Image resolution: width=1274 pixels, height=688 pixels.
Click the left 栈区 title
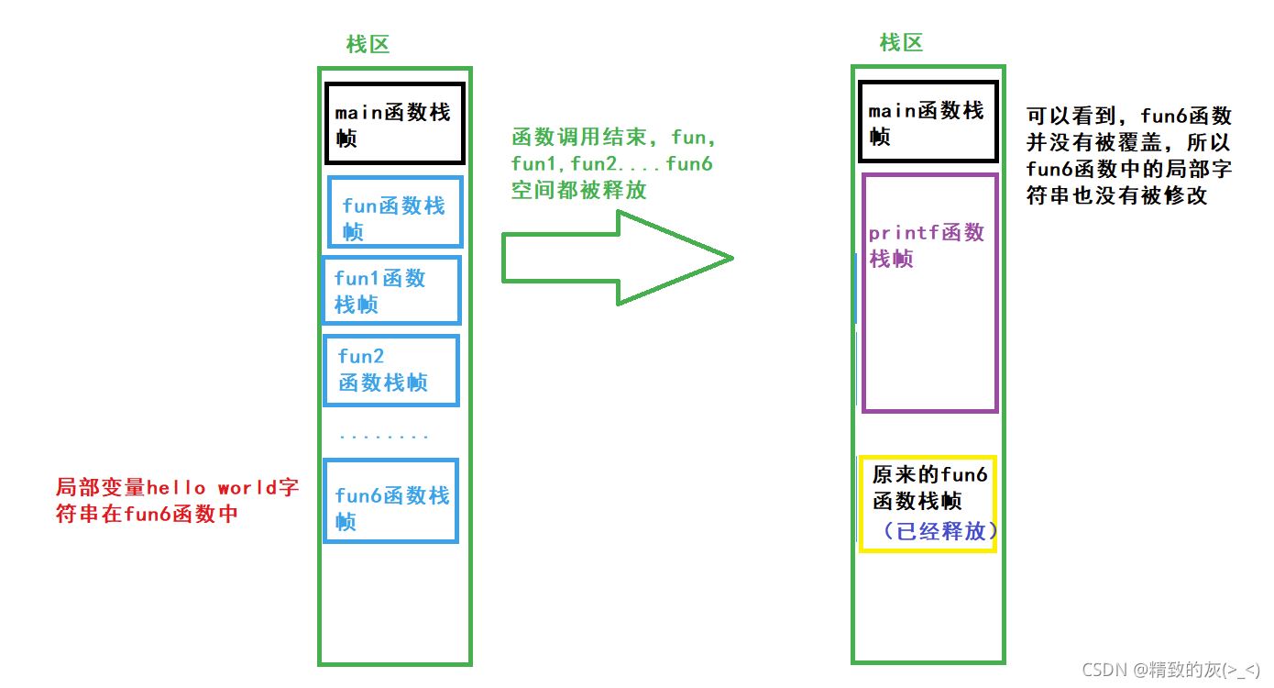click(368, 44)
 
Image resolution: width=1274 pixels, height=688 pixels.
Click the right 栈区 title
click(901, 42)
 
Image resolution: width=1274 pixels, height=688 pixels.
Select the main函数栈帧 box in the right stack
click(928, 122)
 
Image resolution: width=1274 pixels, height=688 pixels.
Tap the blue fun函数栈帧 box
click(395, 212)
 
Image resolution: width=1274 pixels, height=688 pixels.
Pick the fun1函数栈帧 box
click(391, 290)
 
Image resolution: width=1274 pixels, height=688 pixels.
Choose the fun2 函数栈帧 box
click(390, 370)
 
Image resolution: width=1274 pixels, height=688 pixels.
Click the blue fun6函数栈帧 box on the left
click(391, 500)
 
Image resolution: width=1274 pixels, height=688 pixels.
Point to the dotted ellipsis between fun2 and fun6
click(383, 437)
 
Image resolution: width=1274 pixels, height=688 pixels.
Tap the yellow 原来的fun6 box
click(928, 502)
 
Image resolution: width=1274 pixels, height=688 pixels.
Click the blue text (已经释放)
click(934, 531)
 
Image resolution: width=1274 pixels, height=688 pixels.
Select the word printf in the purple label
click(904, 233)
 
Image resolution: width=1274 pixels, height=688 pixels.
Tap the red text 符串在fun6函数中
click(147, 513)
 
